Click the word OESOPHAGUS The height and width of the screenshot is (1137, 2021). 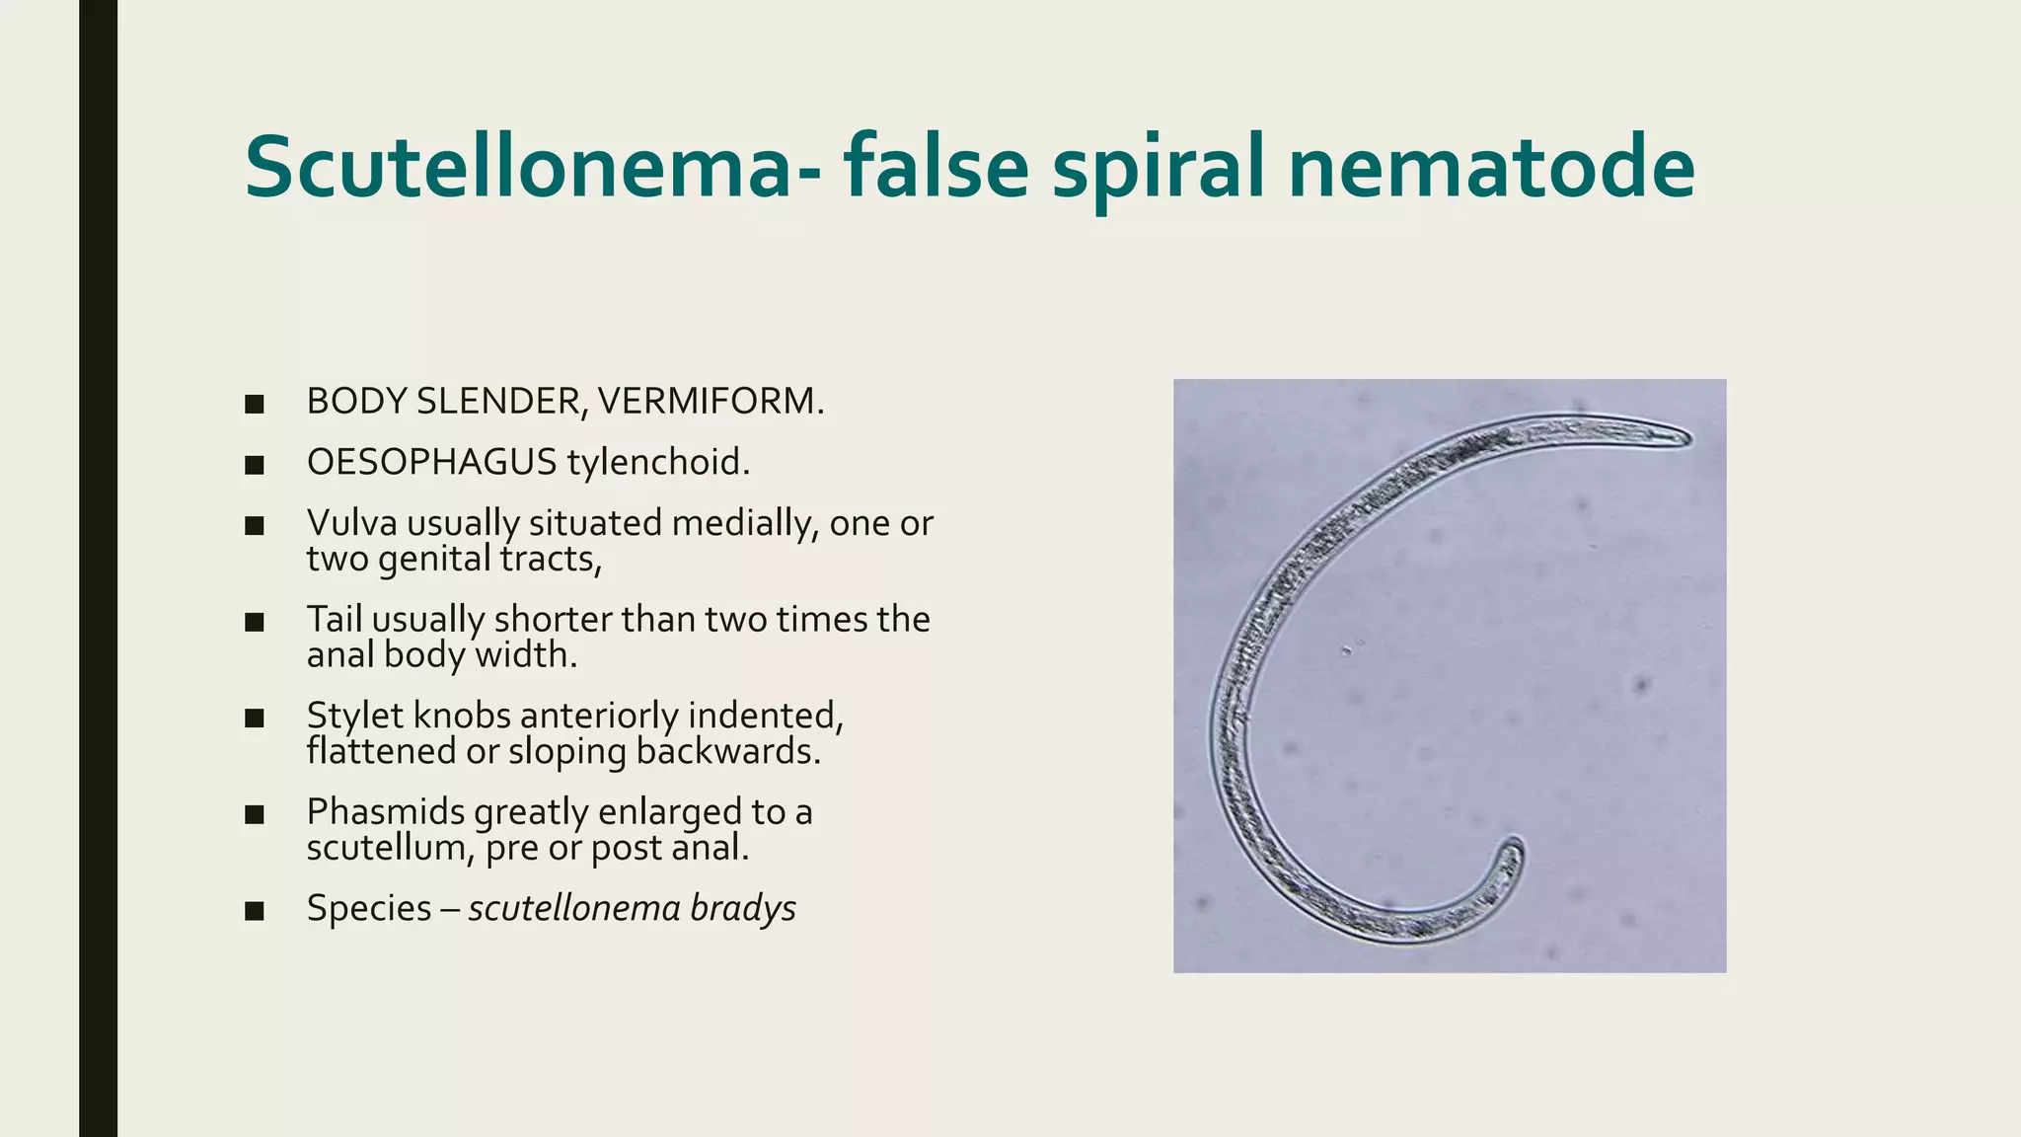tap(431, 462)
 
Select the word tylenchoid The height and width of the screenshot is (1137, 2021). tap(658, 462)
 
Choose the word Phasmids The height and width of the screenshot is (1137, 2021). tap(385, 811)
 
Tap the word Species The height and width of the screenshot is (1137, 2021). tap(369, 908)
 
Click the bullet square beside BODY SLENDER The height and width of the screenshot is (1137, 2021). tap(255, 404)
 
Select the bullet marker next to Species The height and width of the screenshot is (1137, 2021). tap(255, 910)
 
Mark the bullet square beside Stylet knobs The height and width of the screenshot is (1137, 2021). tap(255, 718)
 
